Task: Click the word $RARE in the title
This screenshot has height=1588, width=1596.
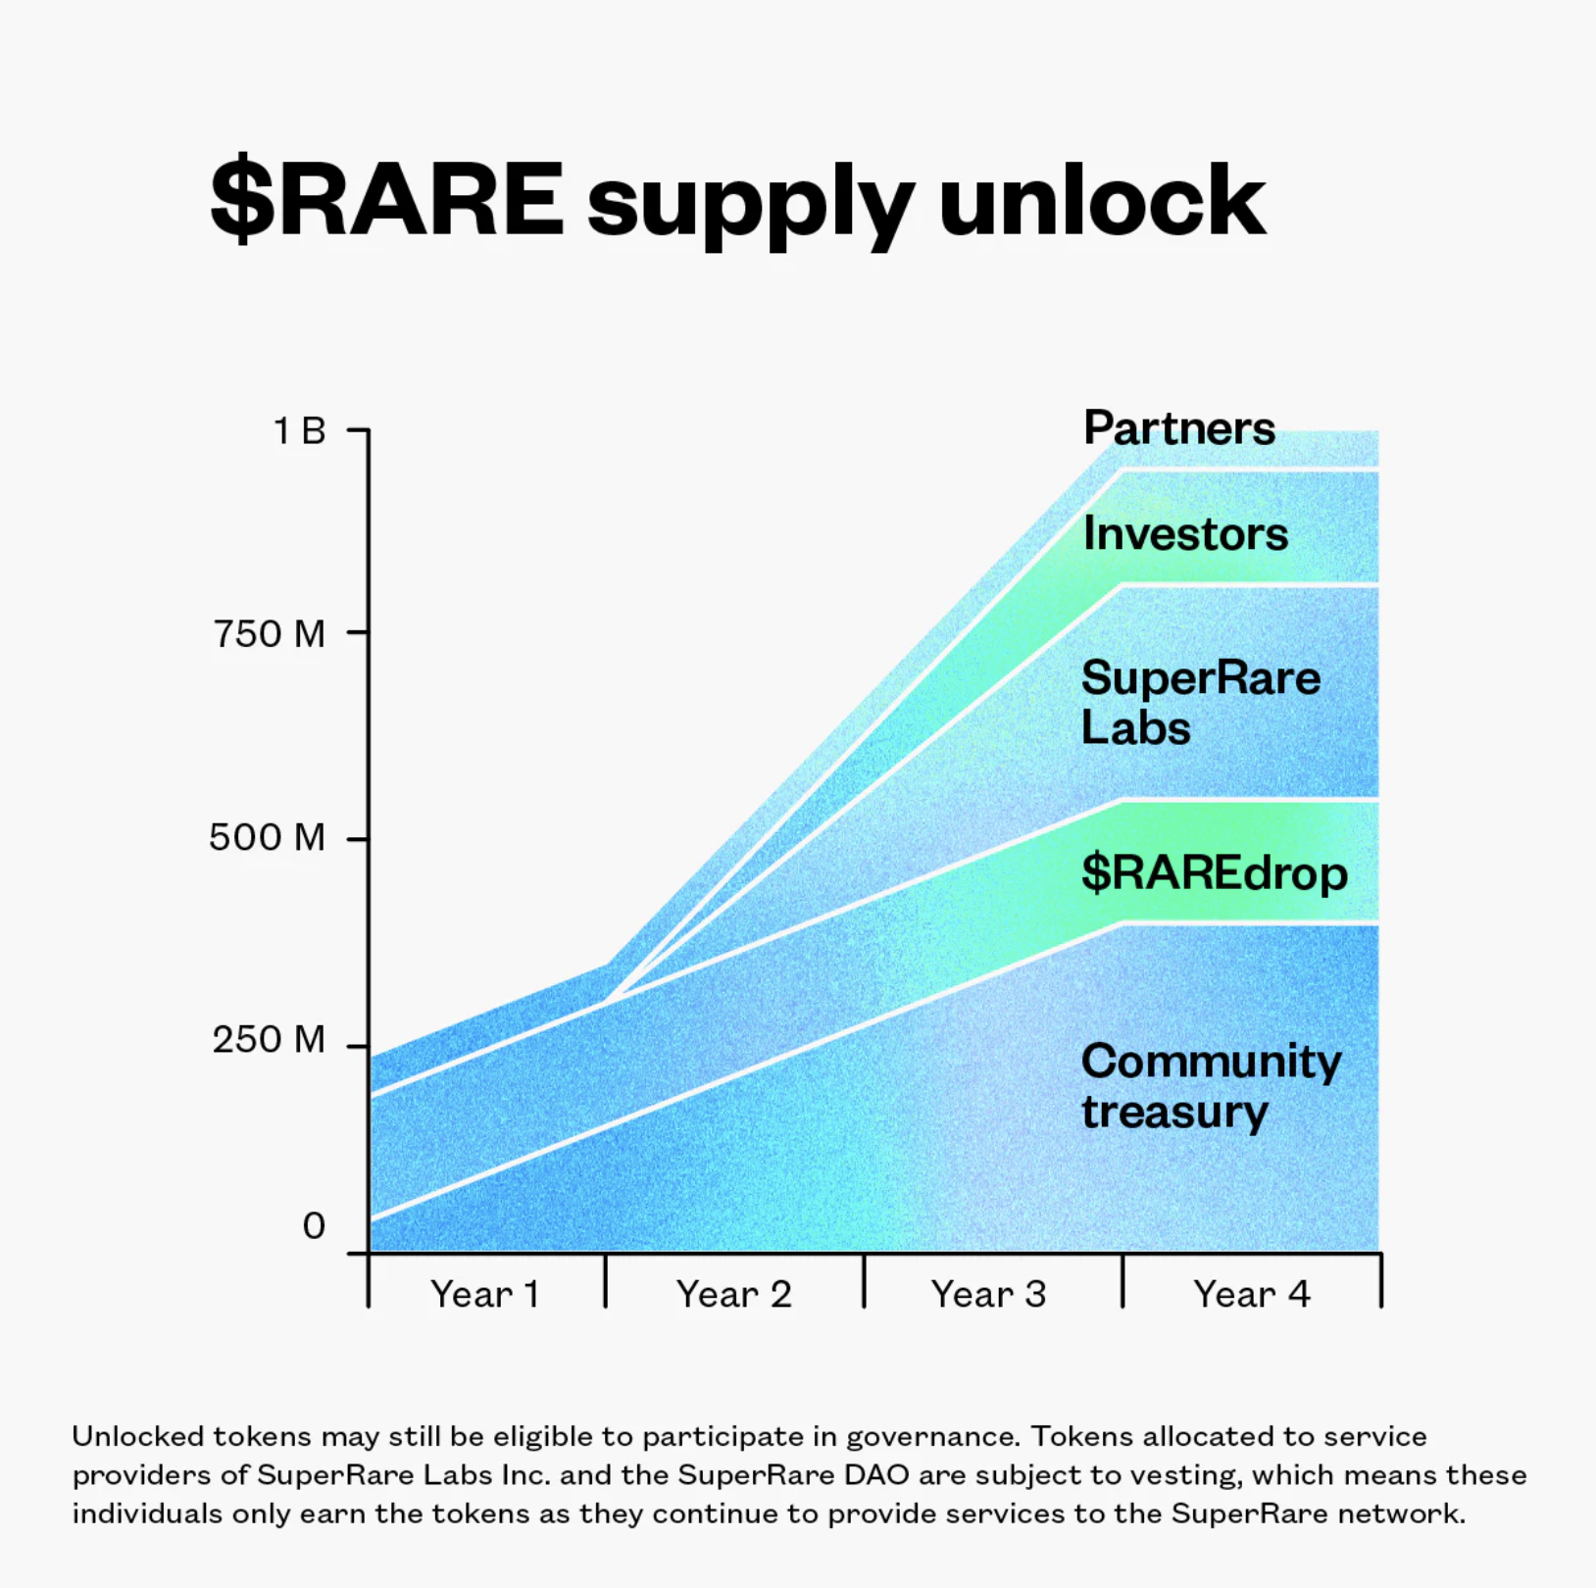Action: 387,201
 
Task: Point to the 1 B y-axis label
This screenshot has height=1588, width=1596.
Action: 299,431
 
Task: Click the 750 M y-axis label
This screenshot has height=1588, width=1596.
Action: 269,634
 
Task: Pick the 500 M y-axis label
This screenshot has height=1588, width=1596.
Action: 267,838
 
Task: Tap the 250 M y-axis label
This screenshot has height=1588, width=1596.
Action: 269,1040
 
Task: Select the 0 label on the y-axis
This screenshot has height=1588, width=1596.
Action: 314,1226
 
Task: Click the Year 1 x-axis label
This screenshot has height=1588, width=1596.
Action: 485,1295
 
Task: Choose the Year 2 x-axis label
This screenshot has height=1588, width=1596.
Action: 734,1295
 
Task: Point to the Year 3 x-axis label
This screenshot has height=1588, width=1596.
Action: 989,1295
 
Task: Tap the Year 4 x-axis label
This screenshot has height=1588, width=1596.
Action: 1252,1295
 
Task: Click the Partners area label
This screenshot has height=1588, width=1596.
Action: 1179,428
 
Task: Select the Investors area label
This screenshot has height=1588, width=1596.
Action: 1185,534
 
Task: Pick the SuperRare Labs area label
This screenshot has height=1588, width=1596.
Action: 1200,702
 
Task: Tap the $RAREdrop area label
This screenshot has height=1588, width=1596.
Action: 1215,872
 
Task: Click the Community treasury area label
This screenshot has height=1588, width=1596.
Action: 1211,1086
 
